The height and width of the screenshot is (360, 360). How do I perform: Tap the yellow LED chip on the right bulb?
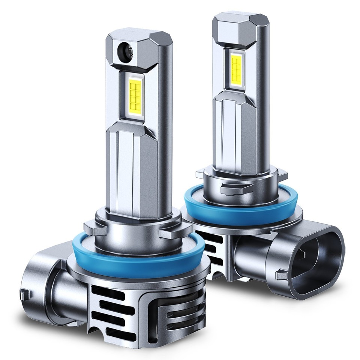coord(237,69)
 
